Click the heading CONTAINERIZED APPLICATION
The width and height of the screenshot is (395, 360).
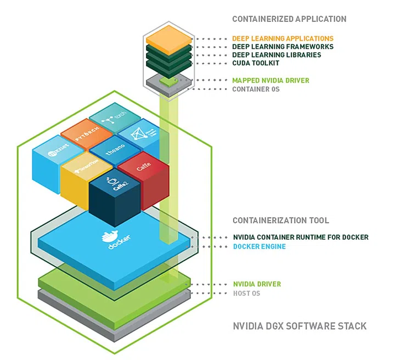(x=289, y=19)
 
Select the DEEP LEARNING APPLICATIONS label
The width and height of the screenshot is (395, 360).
(x=283, y=39)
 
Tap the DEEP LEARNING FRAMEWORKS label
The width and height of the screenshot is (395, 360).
(x=283, y=47)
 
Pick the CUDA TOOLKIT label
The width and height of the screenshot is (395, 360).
(x=256, y=64)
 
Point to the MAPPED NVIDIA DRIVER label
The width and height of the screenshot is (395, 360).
(x=270, y=81)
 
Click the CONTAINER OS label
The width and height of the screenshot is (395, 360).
(x=256, y=89)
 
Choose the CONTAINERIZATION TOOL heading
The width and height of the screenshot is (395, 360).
(x=281, y=221)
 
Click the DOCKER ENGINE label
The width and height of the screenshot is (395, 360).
(x=259, y=247)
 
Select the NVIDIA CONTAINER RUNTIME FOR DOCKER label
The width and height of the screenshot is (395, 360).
(x=300, y=238)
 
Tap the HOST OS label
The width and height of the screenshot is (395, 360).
(x=246, y=294)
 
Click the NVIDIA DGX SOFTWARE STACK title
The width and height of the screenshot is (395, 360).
(x=300, y=326)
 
